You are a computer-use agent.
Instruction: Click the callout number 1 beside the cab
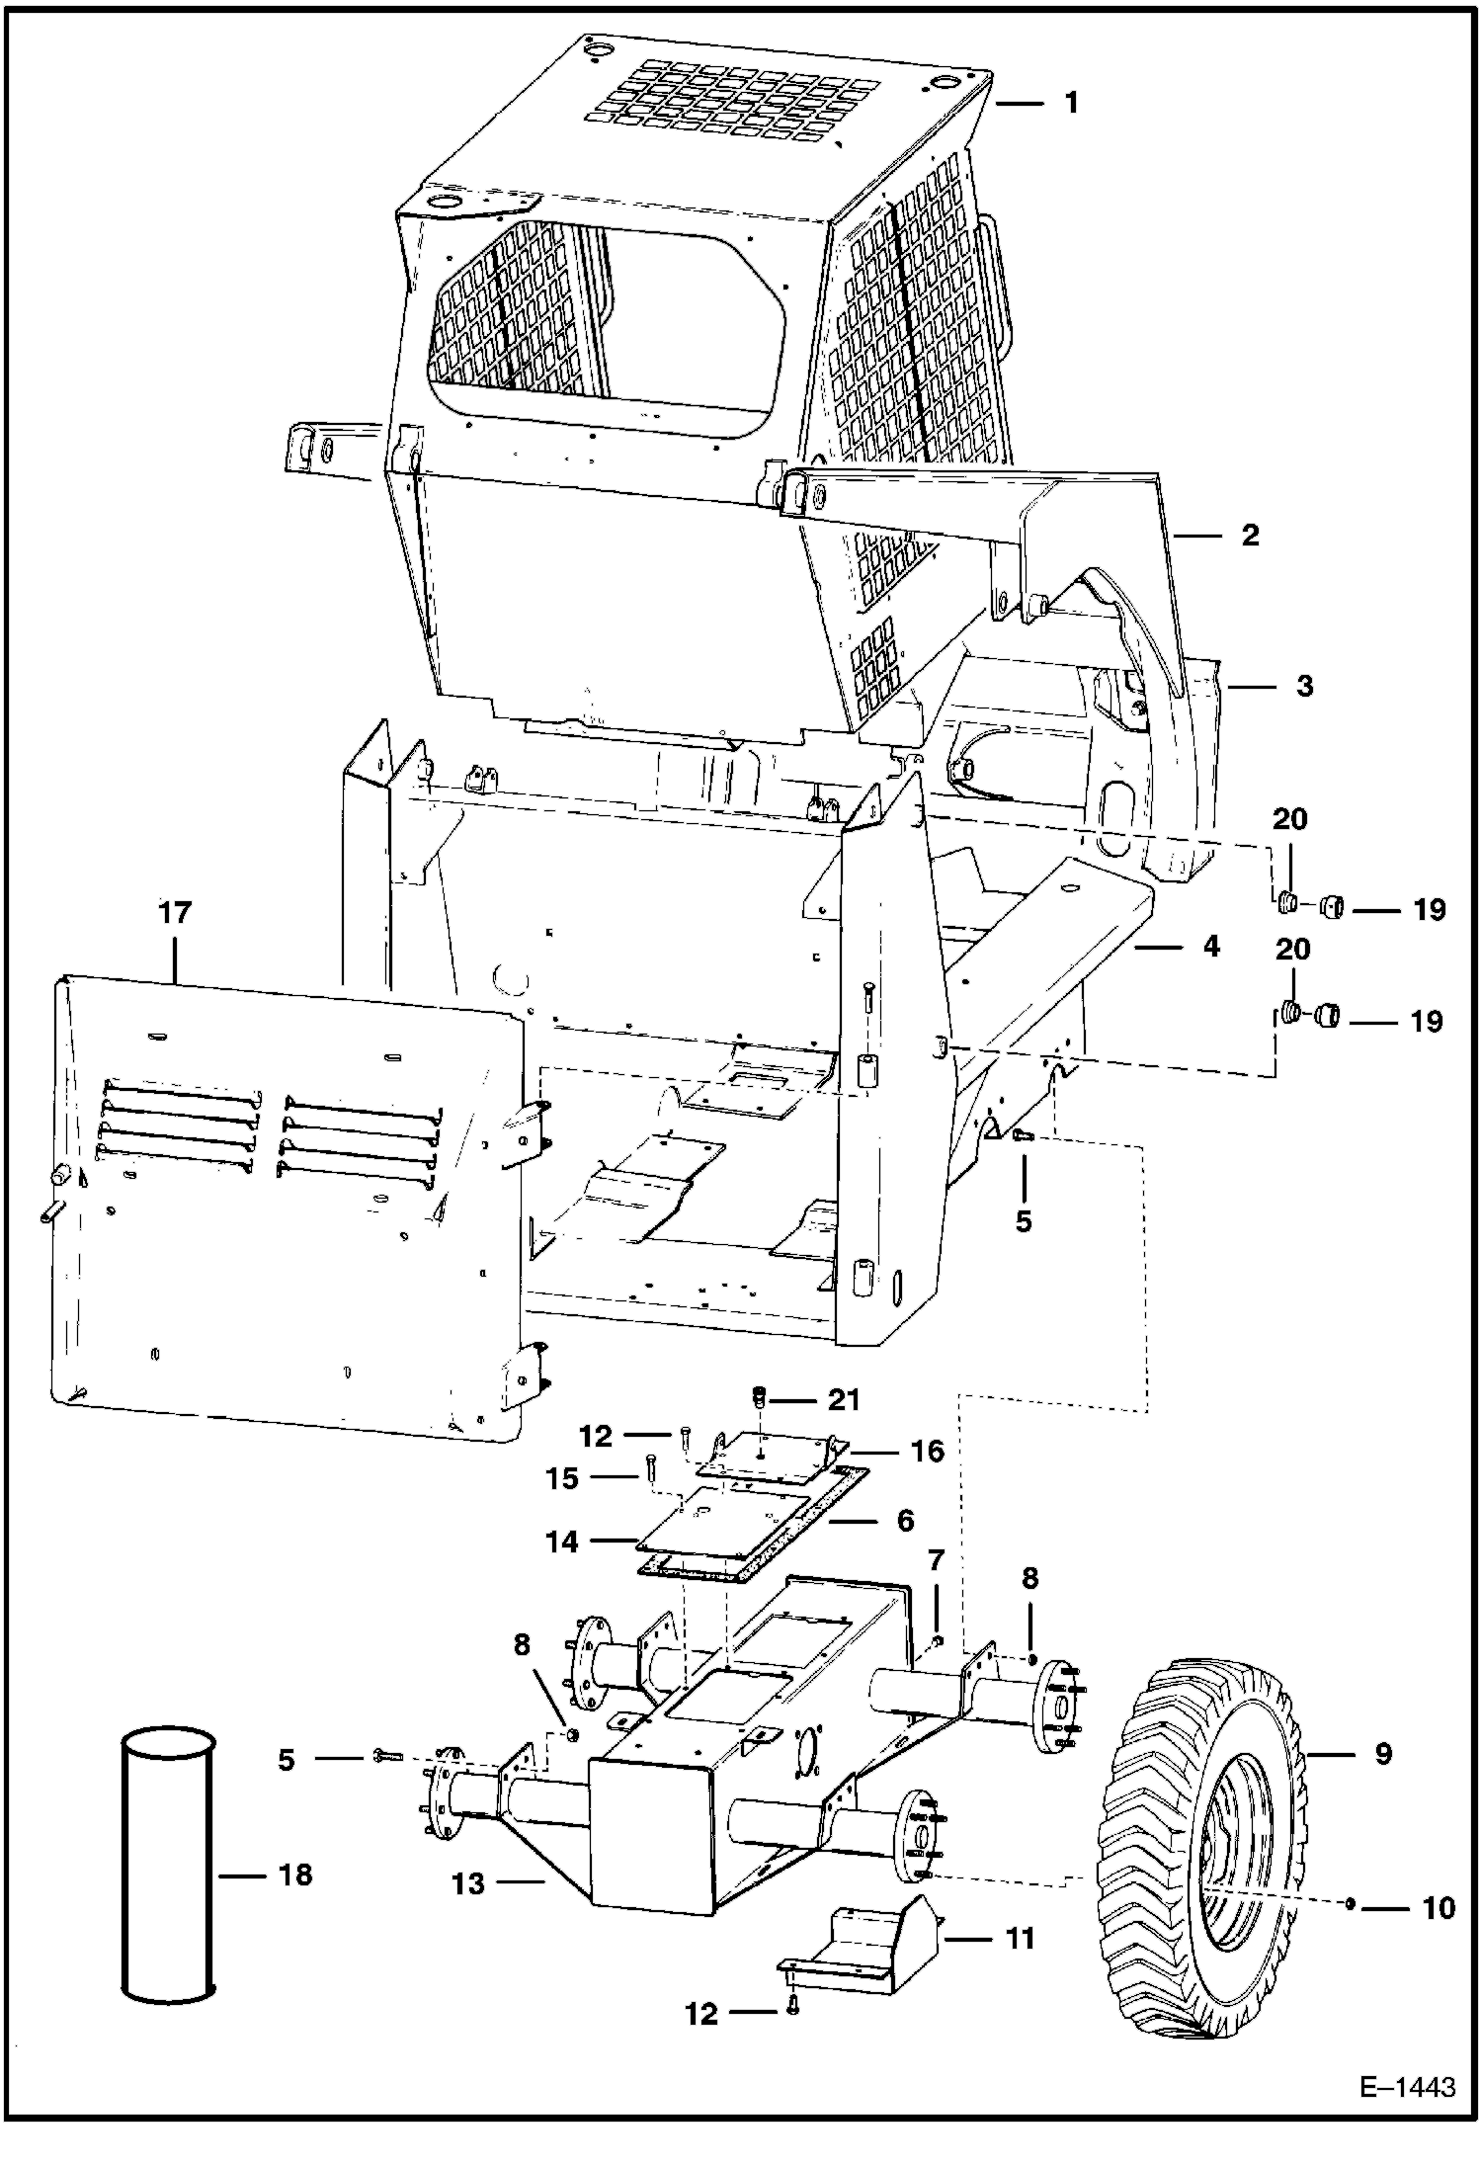(x=1072, y=103)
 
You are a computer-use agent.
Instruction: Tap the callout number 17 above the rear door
(x=175, y=913)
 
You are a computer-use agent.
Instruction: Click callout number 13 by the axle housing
(x=468, y=1884)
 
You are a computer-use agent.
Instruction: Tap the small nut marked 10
(x=1350, y=1904)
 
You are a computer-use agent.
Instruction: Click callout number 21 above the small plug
(x=844, y=1400)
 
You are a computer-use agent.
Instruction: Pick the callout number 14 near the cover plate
(x=561, y=1541)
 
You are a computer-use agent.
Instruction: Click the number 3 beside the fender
(x=1304, y=686)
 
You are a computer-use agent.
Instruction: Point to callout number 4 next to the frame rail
(x=1211, y=947)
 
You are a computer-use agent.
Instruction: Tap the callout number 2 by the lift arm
(x=1250, y=536)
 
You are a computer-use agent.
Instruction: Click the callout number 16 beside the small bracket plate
(x=927, y=1452)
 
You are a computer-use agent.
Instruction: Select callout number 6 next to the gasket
(x=905, y=1520)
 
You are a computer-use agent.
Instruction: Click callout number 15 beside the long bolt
(x=562, y=1479)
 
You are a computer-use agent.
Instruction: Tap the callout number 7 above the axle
(x=936, y=1561)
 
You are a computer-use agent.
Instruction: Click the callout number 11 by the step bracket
(x=1019, y=1938)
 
